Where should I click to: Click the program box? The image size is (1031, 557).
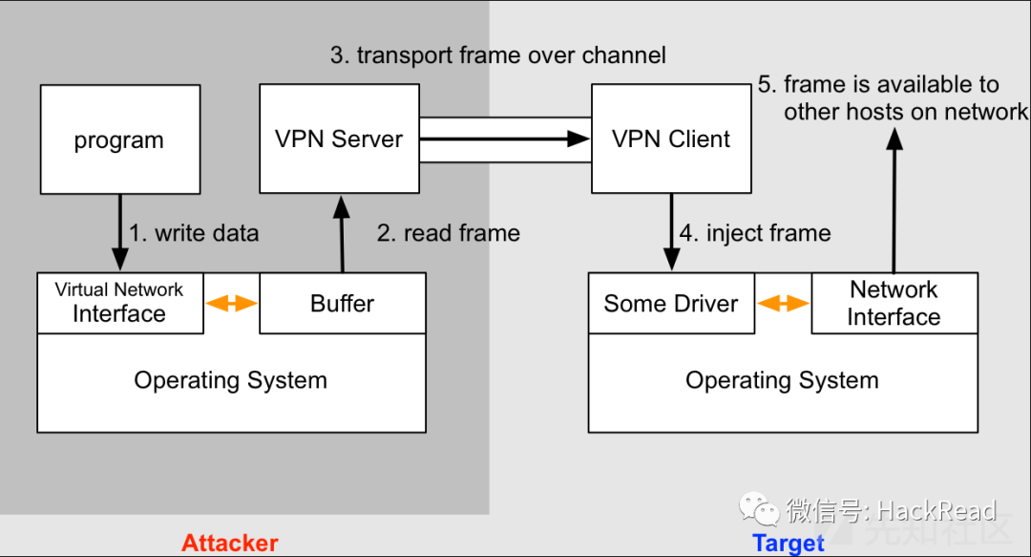tap(120, 139)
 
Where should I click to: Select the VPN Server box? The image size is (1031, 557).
tap(339, 139)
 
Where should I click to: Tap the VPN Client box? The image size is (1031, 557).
tap(671, 139)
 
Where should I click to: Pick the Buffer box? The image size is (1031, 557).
tap(342, 304)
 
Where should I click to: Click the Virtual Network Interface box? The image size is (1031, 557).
tap(119, 303)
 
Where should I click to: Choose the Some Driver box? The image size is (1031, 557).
tap(670, 304)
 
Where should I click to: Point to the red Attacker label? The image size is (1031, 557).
tap(230, 543)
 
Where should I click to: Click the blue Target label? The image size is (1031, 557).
tap(788, 543)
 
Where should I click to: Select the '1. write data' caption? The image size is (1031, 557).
tap(194, 233)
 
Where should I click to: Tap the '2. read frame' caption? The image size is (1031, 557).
tap(449, 233)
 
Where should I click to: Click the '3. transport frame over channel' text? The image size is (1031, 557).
tap(498, 55)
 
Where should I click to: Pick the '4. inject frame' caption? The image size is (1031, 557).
tap(755, 233)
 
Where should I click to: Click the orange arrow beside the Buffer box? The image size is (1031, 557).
tap(232, 304)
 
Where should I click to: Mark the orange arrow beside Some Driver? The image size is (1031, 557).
tap(783, 304)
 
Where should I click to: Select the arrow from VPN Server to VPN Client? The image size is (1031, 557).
tap(504, 139)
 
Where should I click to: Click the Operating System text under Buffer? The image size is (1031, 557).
tap(231, 380)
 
